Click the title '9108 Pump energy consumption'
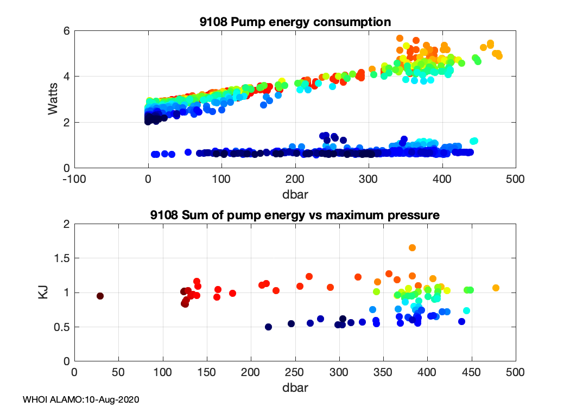[295, 22]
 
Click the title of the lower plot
[295, 215]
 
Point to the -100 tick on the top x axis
[74, 179]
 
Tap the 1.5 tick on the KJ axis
[61, 258]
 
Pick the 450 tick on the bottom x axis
[471, 372]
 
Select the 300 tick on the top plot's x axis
[369, 179]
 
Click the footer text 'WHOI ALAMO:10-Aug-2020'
[81, 399]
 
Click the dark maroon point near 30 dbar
[100, 296]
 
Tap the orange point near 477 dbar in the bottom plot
[496, 288]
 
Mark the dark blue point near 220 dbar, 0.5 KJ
[268, 327]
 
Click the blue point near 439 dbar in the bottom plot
[462, 321]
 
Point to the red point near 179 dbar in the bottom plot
[232, 293]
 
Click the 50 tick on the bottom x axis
[118, 372]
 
